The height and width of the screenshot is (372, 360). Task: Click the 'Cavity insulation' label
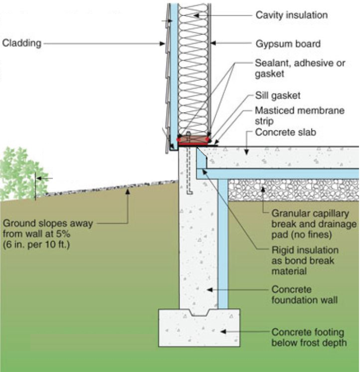click(x=291, y=15)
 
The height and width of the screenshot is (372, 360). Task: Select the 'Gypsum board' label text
click(x=287, y=44)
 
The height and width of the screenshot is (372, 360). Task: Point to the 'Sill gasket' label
click(x=278, y=96)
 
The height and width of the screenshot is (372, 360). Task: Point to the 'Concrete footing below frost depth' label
click(x=309, y=338)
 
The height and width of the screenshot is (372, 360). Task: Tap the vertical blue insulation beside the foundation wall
click(x=222, y=242)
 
